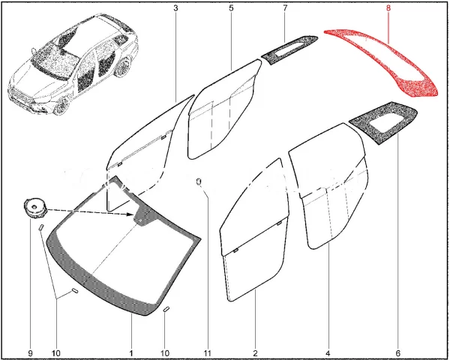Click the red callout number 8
click(x=388, y=7)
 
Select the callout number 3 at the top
click(x=175, y=8)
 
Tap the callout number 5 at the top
click(x=231, y=8)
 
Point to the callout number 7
click(x=285, y=8)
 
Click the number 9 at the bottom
click(x=31, y=352)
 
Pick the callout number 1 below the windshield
click(x=131, y=352)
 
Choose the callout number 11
click(x=208, y=352)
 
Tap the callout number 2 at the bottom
click(x=256, y=352)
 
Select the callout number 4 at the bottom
click(x=328, y=352)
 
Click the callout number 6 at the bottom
click(x=397, y=352)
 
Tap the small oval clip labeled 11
click(x=199, y=182)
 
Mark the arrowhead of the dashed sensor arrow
click(x=130, y=214)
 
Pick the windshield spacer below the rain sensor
click(x=40, y=227)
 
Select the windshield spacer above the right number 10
click(x=166, y=309)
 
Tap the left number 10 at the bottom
click(x=56, y=352)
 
